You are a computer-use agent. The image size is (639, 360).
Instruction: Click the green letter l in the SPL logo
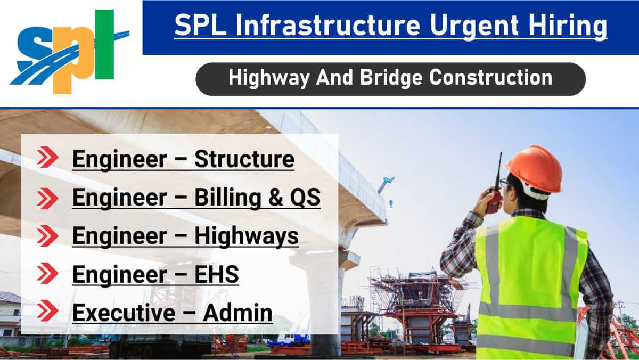(x=104, y=44)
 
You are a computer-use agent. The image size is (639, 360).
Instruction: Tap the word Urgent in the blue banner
(x=473, y=26)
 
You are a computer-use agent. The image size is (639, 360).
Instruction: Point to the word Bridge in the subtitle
(x=391, y=78)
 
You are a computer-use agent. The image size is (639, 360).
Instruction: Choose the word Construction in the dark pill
(x=491, y=77)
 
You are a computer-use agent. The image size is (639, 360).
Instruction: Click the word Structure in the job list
(x=244, y=159)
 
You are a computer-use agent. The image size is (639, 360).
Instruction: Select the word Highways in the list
(x=247, y=236)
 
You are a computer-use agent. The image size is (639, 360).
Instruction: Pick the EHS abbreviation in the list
(x=217, y=274)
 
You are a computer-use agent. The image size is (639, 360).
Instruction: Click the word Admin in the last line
(x=238, y=313)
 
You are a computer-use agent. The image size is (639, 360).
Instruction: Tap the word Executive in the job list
(x=124, y=313)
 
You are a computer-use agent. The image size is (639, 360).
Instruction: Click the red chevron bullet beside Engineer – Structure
(x=47, y=157)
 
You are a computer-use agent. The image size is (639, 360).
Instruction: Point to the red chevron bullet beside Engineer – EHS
(x=47, y=273)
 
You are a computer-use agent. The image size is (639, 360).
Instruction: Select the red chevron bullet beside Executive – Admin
(x=47, y=310)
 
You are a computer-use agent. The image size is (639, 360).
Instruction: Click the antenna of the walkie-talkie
(x=499, y=171)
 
